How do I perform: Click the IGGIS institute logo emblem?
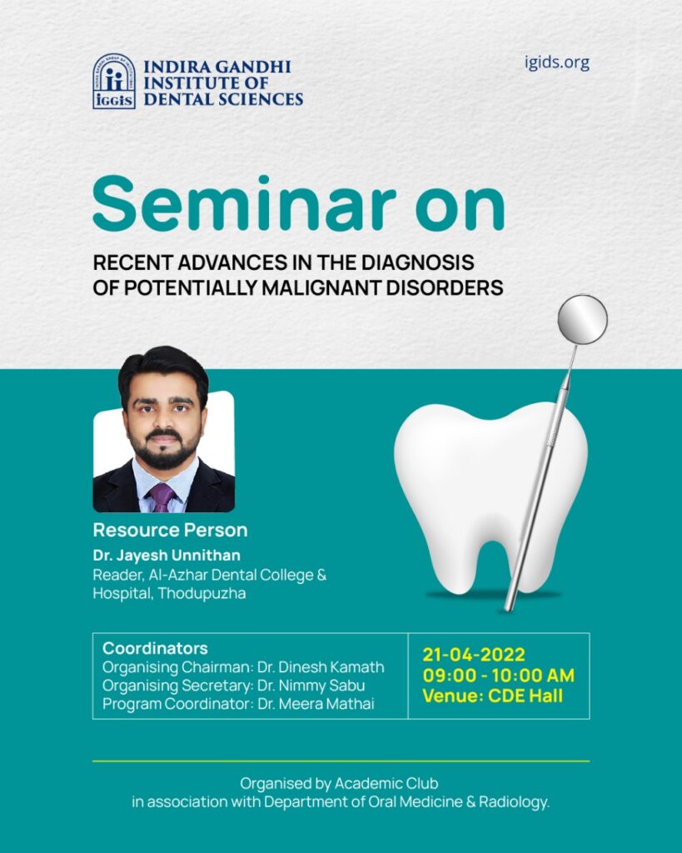[x=114, y=81]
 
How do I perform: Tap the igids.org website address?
[x=557, y=63]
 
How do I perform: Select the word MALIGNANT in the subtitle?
[x=321, y=287]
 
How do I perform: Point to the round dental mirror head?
[x=582, y=319]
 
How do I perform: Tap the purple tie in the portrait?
[x=162, y=497]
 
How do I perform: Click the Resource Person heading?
[x=170, y=530]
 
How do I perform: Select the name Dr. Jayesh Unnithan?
[x=167, y=556]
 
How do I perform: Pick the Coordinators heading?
[x=155, y=648]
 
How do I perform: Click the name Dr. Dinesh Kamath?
[x=321, y=667]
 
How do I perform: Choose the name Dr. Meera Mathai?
[x=316, y=704]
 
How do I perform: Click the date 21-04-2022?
[x=474, y=654]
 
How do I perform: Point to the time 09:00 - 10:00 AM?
[x=499, y=675]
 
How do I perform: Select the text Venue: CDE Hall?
[x=493, y=696]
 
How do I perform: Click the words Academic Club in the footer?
[x=386, y=783]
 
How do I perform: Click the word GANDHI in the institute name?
[x=253, y=67]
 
